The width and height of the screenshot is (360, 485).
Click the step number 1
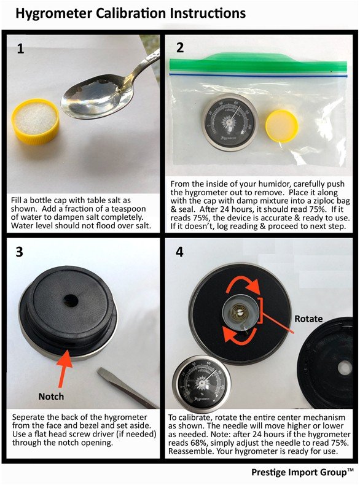[20, 49]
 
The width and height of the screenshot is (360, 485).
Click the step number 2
[180, 47]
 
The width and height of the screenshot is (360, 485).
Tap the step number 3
[20, 252]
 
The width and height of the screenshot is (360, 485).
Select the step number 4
[179, 252]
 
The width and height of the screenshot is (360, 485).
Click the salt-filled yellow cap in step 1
[36, 122]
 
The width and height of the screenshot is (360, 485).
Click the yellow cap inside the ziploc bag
[282, 126]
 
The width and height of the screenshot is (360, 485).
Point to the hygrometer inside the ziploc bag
[229, 123]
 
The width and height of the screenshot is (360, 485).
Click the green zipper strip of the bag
[258, 64]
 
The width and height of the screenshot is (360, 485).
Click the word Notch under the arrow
[51, 397]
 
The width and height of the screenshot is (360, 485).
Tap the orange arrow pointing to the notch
[64, 368]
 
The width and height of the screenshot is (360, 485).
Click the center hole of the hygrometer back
[71, 300]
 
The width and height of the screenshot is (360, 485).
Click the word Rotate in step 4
[308, 319]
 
